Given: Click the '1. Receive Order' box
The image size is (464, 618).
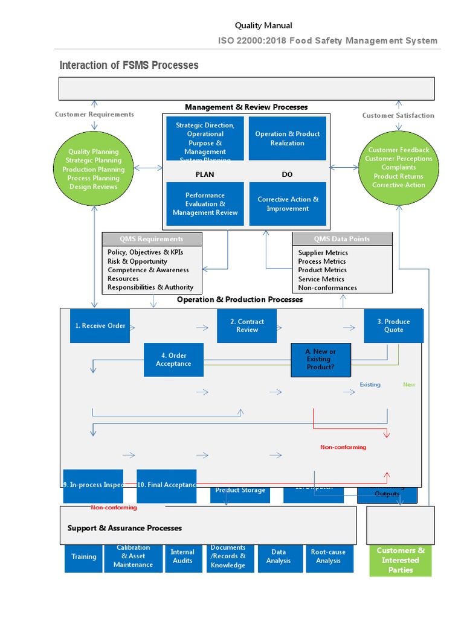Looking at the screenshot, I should (100, 326).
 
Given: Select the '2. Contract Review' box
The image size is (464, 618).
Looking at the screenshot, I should (247, 326).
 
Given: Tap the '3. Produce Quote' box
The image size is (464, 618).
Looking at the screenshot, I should (393, 326).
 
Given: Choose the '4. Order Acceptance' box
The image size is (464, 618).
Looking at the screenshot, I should (173, 360).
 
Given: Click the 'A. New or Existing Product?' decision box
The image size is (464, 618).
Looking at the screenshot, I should (320, 360).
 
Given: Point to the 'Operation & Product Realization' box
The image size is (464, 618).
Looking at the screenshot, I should (287, 139).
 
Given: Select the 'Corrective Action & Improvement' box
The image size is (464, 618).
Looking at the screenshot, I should (287, 204).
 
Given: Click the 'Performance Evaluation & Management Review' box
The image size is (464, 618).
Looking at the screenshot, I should (205, 204).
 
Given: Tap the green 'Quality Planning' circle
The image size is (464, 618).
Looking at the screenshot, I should (93, 170).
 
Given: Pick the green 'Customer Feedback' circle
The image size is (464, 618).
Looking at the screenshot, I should (398, 168).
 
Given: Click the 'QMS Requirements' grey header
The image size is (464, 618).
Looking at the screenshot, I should (151, 239).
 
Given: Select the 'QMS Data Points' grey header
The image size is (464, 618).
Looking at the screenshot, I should (342, 239).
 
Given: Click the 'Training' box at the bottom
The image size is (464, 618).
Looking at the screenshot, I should (83, 557).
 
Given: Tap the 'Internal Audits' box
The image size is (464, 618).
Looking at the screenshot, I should (182, 556).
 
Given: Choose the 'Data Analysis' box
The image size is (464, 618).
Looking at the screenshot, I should (279, 556).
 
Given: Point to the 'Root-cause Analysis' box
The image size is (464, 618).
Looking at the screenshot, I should (328, 556).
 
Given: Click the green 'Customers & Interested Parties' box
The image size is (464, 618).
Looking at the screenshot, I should (401, 560).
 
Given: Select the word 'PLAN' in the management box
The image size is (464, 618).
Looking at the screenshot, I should (205, 174).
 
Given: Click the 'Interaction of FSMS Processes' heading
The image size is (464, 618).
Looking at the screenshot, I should (129, 65).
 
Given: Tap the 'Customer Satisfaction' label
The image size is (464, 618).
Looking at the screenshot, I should (398, 115).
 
